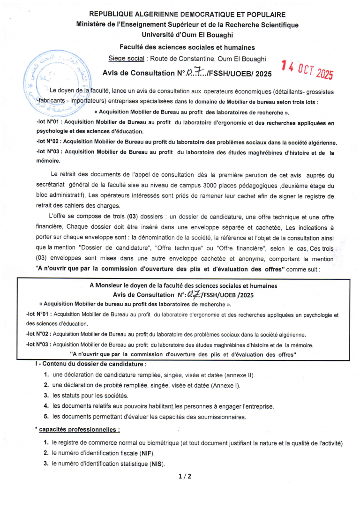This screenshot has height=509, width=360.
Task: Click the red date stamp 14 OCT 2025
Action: pyautogui.click(x=307, y=71)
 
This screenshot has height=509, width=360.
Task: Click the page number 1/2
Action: pyautogui.click(x=185, y=476)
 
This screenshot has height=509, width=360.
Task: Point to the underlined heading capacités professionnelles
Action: pyautogui.click(x=79, y=429)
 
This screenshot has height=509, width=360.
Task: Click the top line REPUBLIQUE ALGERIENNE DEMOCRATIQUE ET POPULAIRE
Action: pyautogui.click(x=187, y=15)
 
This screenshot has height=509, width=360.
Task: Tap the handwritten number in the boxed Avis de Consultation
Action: pyautogui.click(x=193, y=294)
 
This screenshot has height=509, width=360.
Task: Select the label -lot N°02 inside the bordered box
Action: pyautogui.click(x=38, y=334)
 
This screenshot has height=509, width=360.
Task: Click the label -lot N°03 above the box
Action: pyautogui.click(x=48, y=151)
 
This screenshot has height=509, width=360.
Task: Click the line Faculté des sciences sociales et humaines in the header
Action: pyautogui.click(x=187, y=47)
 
